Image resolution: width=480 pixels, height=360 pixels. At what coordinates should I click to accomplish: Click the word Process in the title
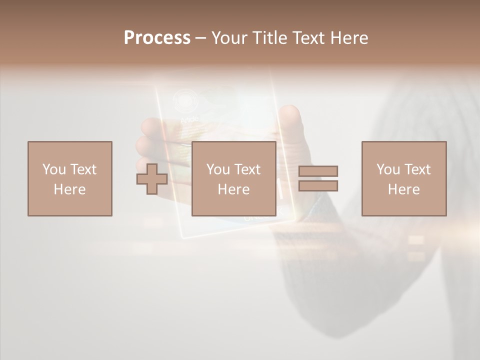pos(157,38)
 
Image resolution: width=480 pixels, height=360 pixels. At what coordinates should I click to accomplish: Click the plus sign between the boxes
pos(152,179)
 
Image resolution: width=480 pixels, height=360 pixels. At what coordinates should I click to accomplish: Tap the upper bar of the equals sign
pos(318,171)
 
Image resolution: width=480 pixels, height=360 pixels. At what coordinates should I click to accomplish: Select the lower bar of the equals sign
pos(318,186)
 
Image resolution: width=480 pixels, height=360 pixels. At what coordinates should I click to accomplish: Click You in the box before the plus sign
pos(54,169)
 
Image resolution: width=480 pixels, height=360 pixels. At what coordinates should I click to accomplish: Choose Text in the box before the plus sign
pos(82,169)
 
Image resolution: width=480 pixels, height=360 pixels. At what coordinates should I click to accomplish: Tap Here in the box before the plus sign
pos(69,189)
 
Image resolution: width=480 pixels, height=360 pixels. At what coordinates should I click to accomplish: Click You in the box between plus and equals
pos(218,169)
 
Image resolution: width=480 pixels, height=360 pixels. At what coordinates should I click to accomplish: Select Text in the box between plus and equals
pos(246,169)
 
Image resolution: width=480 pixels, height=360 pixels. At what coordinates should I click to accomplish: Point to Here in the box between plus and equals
pos(233,189)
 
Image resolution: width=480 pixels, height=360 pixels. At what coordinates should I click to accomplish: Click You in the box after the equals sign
pos(388,169)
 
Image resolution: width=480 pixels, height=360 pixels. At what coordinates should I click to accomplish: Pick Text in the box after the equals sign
pos(416,169)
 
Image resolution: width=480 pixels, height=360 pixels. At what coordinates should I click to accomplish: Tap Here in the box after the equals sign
pos(403,189)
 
